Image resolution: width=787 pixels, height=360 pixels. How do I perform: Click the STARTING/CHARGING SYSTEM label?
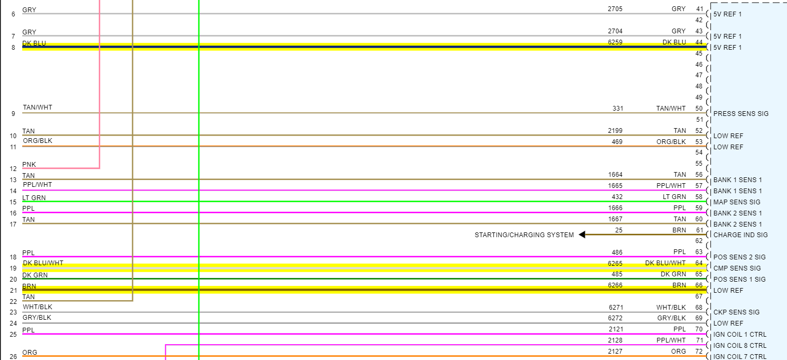click(524, 235)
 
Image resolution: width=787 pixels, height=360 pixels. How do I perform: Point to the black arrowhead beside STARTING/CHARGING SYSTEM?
click(582, 235)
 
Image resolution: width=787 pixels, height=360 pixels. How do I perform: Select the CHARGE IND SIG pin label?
click(740, 235)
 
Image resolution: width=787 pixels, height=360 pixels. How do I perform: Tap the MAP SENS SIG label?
click(736, 202)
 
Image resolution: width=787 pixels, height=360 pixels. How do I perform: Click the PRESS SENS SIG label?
click(740, 114)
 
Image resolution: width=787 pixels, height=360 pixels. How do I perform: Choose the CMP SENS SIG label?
click(737, 268)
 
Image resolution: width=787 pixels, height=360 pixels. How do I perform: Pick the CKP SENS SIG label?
click(736, 312)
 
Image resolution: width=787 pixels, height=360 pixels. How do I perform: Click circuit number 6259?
click(615, 42)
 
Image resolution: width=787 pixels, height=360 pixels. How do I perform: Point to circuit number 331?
click(618, 109)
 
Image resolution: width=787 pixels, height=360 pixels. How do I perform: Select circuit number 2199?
click(615, 131)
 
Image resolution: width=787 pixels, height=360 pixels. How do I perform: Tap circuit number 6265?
click(615, 263)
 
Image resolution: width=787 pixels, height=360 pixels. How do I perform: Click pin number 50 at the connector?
click(699, 109)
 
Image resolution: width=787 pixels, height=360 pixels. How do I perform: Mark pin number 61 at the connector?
click(699, 230)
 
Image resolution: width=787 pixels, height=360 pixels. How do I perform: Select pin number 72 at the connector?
click(699, 352)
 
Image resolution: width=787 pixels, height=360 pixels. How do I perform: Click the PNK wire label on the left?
click(29, 165)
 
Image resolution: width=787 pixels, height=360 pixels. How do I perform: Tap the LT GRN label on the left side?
click(34, 198)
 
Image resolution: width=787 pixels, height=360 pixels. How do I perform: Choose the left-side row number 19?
click(13, 268)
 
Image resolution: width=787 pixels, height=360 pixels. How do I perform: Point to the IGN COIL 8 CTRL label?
click(739, 346)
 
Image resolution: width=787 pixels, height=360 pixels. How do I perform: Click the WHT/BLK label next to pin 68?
click(671, 308)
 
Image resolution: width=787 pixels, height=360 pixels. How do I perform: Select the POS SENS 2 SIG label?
click(739, 257)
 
